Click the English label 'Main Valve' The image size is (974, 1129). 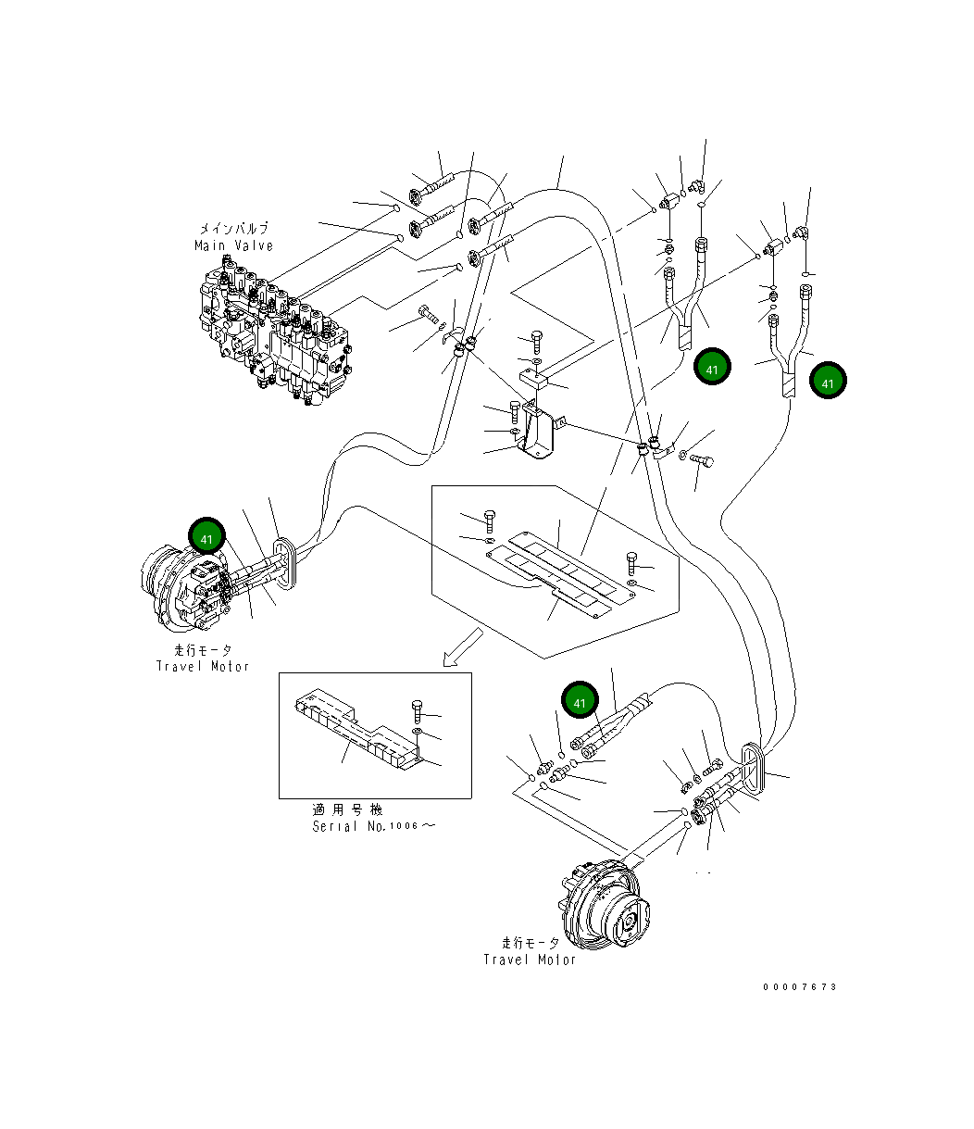(233, 245)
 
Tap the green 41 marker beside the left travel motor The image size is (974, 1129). (206, 537)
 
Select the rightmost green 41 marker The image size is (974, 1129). (828, 381)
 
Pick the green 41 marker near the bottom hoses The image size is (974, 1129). (580, 703)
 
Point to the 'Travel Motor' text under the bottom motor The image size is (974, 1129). (530, 960)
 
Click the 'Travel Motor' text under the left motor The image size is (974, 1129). (203, 666)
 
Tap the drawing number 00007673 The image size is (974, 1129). (799, 986)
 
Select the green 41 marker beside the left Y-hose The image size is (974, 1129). (711, 368)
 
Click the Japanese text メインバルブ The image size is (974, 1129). (233, 228)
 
